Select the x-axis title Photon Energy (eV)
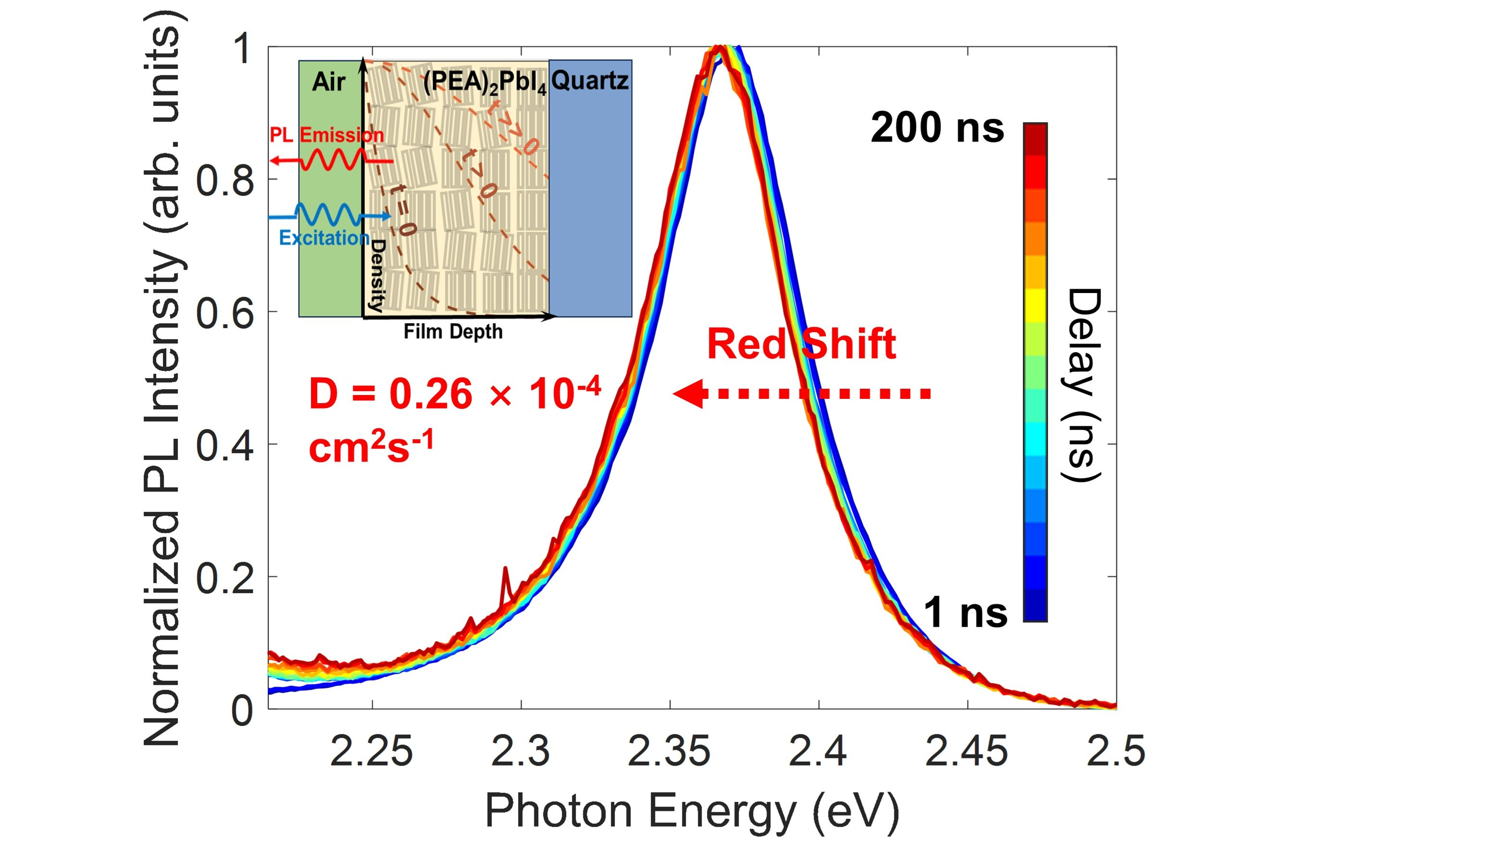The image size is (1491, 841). point(692,811)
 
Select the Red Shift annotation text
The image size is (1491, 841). point(801,344)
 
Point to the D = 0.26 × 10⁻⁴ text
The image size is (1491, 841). point(455,394)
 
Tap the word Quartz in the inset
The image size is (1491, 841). point(590,80)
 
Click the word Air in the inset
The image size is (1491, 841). point(329,82)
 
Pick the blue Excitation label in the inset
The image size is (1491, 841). point(324,238)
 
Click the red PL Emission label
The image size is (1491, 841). point(326,135)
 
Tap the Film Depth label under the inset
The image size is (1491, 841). point(453,331)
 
